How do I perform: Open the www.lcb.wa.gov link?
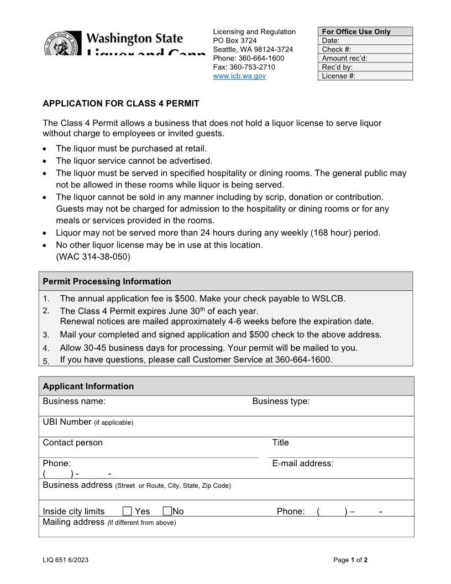point(239,76)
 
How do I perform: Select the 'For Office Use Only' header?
point(356,32)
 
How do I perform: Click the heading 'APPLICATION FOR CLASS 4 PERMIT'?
point(121,103)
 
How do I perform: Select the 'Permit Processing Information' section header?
point(107,281)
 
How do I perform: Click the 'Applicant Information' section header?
point(88,386)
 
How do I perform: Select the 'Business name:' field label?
point(74,401)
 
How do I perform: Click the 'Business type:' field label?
point(281,401)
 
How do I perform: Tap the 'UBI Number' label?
point(67,422)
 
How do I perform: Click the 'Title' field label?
point(280,442)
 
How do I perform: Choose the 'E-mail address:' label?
point(303,463)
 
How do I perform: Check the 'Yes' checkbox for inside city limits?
point(127,512)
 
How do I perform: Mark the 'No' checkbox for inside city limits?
point(167,512)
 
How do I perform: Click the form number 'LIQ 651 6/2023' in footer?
point(65,560)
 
